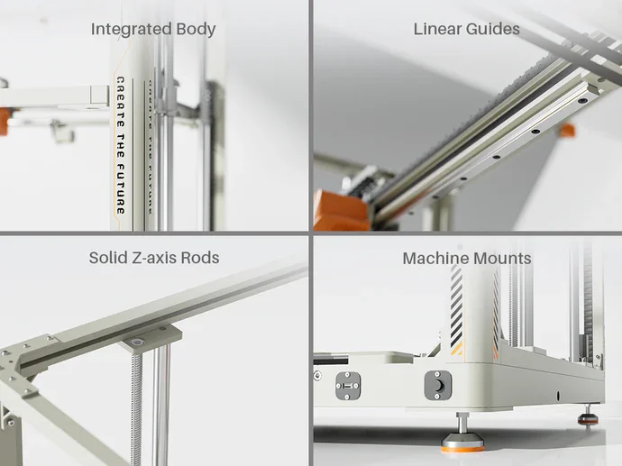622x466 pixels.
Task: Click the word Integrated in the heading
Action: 131,30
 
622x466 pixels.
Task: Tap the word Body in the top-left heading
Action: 196,30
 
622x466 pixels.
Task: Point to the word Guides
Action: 493,29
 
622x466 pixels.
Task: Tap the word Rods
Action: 200,258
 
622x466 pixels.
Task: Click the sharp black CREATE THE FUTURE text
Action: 121,145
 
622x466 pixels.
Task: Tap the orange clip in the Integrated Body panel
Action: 4,121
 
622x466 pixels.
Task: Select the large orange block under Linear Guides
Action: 341,211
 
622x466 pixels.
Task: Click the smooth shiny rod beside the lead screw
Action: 161,405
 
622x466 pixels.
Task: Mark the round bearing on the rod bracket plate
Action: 138,342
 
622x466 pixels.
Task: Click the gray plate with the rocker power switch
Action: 438,385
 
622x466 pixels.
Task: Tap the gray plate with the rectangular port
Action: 348,386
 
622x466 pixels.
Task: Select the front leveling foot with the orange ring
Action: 462,434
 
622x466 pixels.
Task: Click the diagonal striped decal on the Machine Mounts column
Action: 456,310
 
